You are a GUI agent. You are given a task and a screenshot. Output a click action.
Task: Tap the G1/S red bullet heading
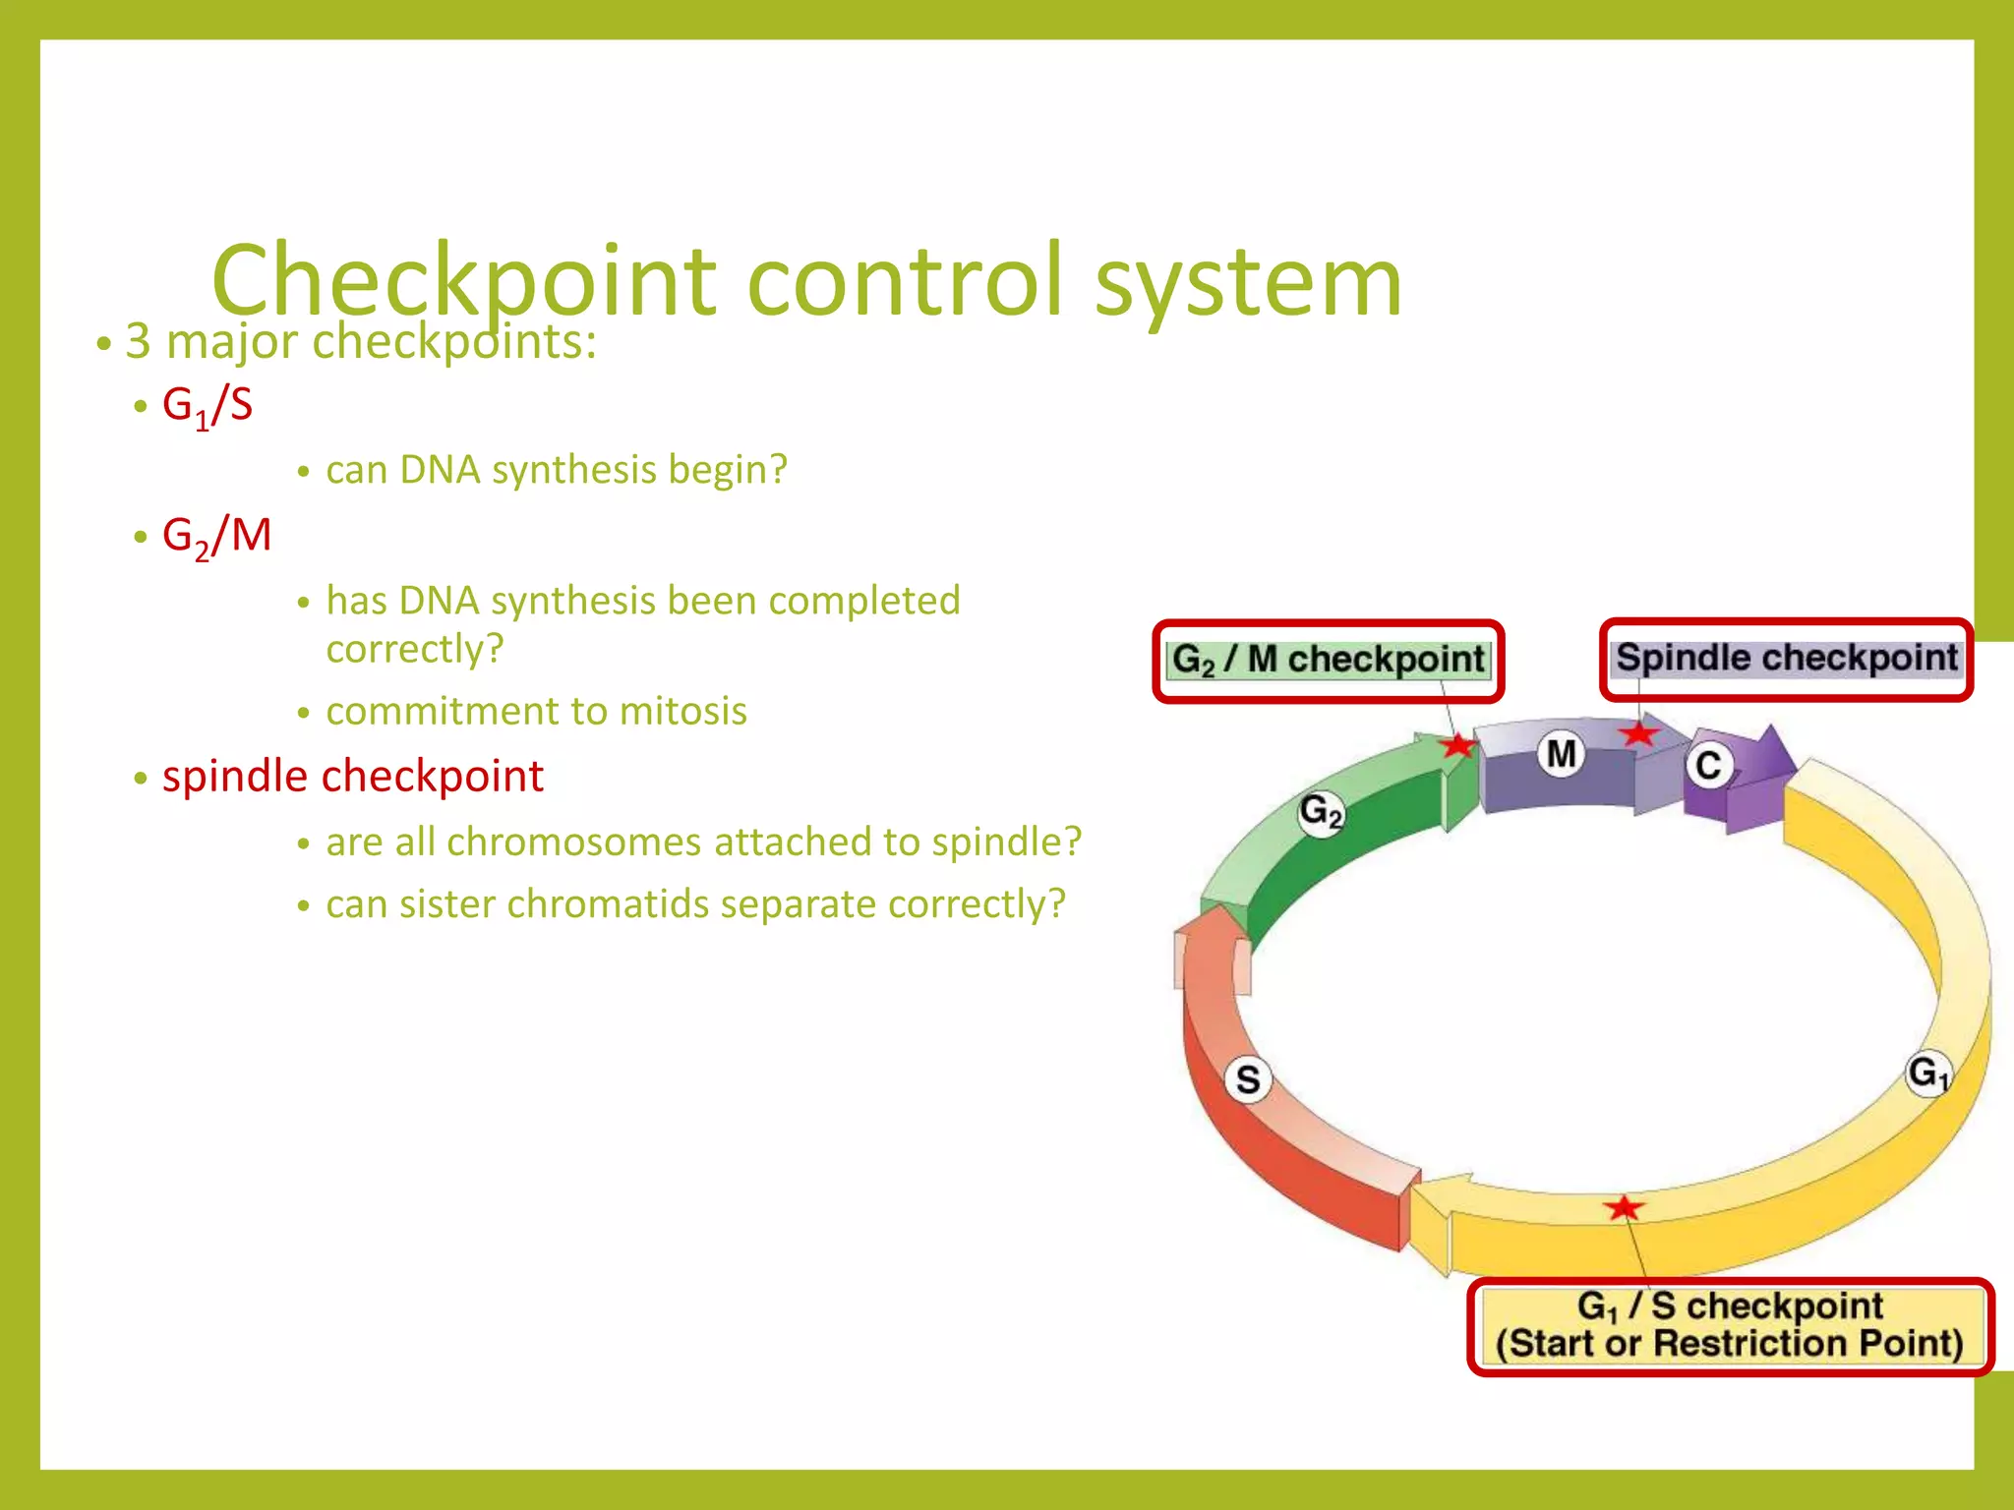207,405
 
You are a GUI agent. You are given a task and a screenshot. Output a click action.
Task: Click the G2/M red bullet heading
216,536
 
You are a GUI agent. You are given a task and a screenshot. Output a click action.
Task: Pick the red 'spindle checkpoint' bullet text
352,777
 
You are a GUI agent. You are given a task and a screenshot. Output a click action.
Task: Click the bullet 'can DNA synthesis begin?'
557,470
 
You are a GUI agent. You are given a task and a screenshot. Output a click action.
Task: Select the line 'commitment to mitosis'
536,711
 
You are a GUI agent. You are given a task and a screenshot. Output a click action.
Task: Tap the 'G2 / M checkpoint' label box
1329,661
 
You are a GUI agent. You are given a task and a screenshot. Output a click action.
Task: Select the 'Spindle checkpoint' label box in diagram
1786,659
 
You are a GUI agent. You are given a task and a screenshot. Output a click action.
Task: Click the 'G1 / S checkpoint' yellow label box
1730,1325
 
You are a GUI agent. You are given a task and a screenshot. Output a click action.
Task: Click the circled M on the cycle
1562,754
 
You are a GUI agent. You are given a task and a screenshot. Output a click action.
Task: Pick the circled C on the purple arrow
1709,765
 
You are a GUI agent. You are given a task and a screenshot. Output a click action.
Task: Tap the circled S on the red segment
1248,1079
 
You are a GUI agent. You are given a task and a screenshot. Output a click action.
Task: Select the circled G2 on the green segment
1320,813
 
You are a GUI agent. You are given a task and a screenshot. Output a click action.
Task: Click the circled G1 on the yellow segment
1927,1073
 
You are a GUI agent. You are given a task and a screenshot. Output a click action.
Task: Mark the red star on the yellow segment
1624,1207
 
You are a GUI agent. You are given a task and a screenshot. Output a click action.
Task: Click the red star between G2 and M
1456,745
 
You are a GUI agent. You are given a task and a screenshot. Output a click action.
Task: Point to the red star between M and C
1638,733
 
